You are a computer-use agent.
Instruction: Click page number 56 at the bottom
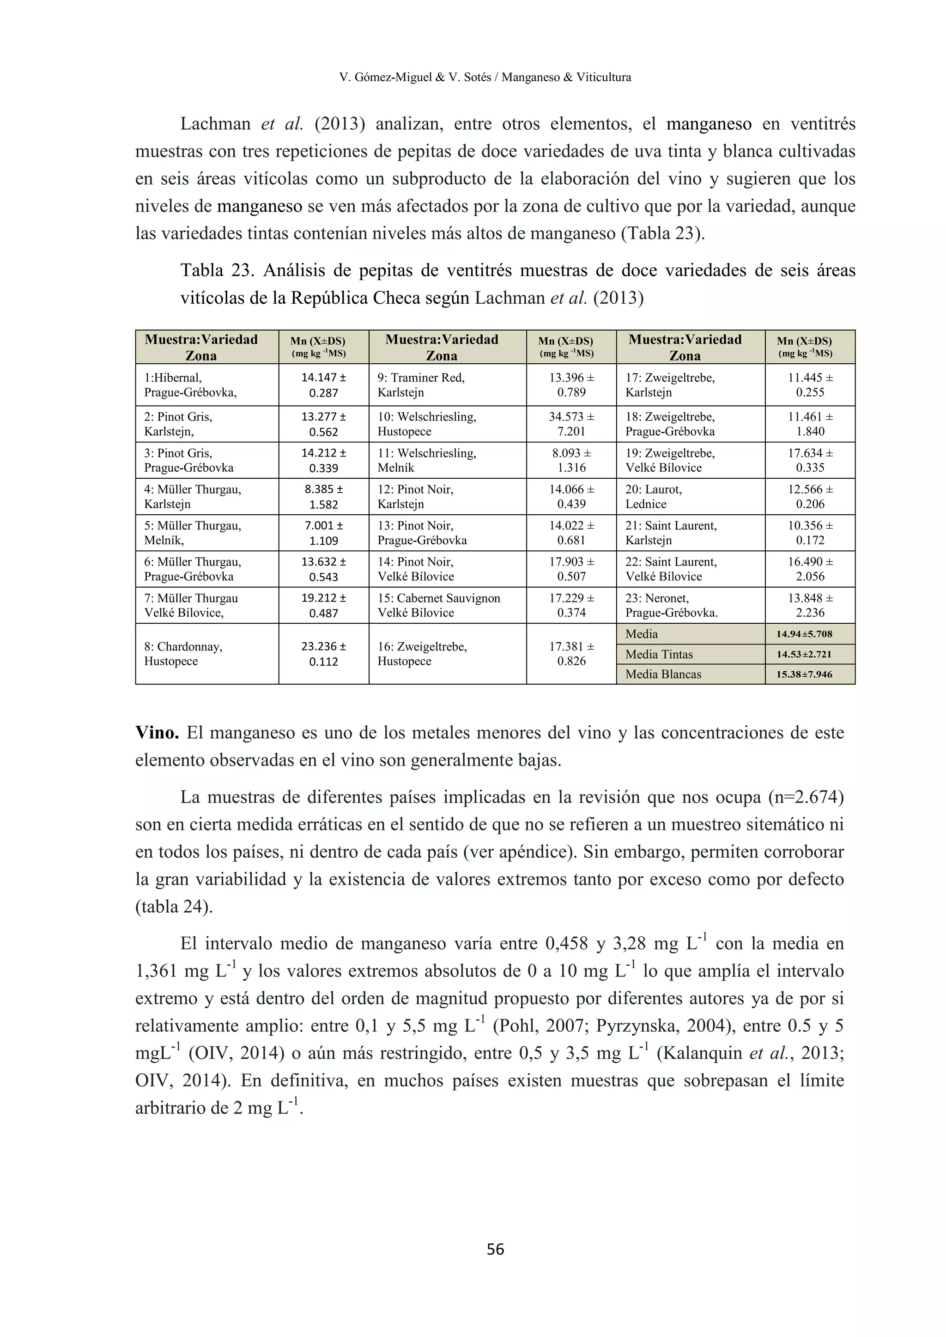click(x=495, y=1249)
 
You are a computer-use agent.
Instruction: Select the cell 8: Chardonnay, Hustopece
click(x=207, y=654)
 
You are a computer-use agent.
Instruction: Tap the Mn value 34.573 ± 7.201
click(x=571, y=424)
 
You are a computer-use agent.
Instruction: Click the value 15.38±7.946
click(x=810, y=675)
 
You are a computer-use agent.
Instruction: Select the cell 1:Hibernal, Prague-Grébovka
click(x=207, y=385)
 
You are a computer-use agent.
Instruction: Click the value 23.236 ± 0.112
click(x=324, y=654)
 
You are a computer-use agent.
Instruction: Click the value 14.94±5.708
click(x=810, y=634)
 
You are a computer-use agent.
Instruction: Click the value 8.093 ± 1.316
click(x=571, y=460)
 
